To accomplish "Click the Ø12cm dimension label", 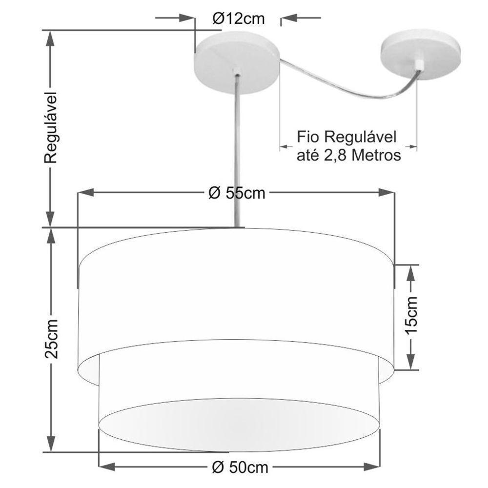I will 239,19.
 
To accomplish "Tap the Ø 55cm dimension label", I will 237,193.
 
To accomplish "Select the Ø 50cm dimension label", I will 240,468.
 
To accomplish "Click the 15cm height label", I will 411,315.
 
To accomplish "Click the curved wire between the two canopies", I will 342,88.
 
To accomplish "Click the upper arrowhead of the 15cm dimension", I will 411,271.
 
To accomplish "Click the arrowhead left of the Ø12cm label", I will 187,19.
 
